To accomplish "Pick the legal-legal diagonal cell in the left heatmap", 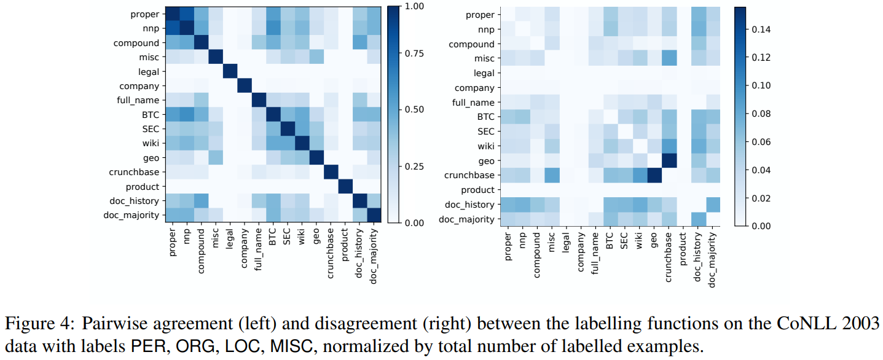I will point(229,71).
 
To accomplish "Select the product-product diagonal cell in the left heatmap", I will point(345,186).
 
